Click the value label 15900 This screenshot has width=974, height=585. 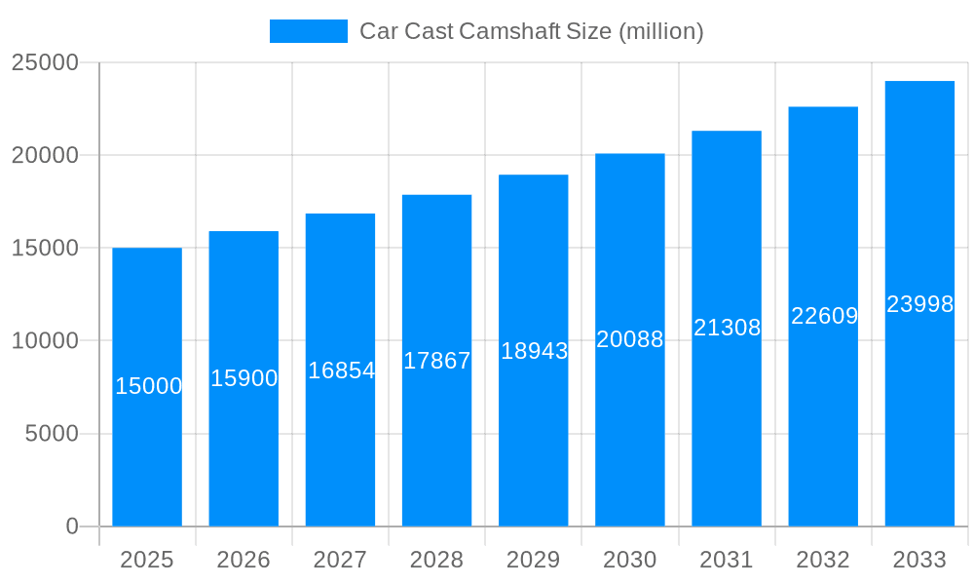[244, 378]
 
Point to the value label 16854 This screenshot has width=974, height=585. [341, 370]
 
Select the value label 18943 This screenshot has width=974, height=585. [534, 351]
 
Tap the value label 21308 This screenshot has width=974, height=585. [727, 328]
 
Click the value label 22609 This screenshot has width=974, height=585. [824, 316]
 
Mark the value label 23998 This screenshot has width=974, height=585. [919, 304]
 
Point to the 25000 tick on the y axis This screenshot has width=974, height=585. [45, 62]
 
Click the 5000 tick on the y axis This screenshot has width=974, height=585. [52, 434]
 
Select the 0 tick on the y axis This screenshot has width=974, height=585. [72, 526]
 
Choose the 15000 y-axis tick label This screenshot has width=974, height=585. [45, 248]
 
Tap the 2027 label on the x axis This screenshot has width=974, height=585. [340, 560]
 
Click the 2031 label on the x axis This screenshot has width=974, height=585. [727, 560]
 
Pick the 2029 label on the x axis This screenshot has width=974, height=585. [534, 560]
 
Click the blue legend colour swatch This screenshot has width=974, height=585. [308, 31]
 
